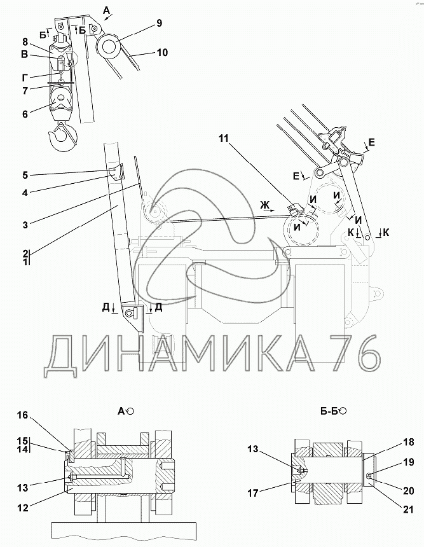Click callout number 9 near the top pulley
(x=159, y=23)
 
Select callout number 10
(x=162, y=52)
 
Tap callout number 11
(x=224, y=139)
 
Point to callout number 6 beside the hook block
(x=25, y=114)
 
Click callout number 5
(x=25, y=175)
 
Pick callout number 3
(x=25, y=225)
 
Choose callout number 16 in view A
(x=23, y=415)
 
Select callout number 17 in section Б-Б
(x=253, y=492)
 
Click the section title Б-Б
(x=329, y=412)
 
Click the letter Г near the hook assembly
(x=25, y=78)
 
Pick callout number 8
(x=25, y=42)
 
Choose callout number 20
(x=408, y=490)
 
